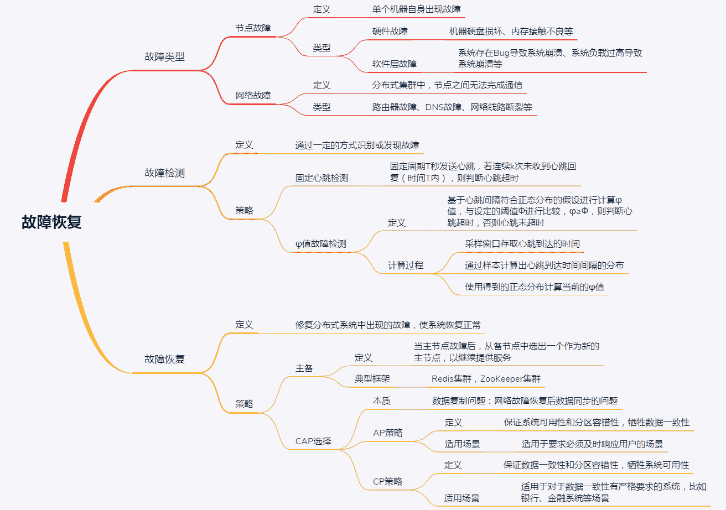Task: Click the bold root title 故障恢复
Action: (x=52, y=222)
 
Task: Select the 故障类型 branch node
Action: (x=164, y=56)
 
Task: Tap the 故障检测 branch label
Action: (x=164, y=173)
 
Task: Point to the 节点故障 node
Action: (x=253, y=28)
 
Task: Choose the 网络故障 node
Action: (x=253, y=95)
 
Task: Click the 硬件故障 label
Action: (x=390, y=31)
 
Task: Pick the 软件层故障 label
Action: (x=395, y=64)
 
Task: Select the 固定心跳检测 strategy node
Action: (x=321, y=178)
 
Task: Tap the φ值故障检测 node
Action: (x=321, y=244)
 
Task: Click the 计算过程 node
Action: (x=406, y=266)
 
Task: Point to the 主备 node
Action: (x=304, y=368)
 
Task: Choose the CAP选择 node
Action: (x=313, y=441)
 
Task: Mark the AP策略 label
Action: (x=388, y=433)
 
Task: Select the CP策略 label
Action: (x=387, y=481)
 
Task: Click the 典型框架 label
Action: (x=372, y=379)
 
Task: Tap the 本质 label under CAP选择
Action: (x=382, y=401)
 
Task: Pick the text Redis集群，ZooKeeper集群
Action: (x=486, y=379)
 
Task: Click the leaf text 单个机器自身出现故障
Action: (x=417, y=9)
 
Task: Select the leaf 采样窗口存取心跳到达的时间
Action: (x=522, y=244)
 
